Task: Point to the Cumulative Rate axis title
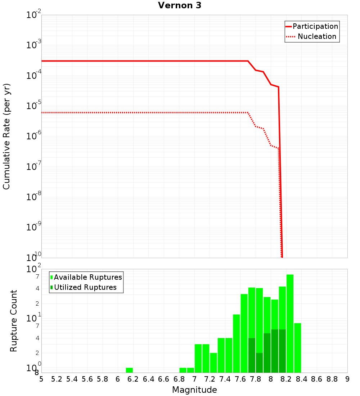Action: click(6, 136)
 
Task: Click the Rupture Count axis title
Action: click(14, 321)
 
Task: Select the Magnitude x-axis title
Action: click(194, 390)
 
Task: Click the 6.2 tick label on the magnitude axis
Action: click(133, 379)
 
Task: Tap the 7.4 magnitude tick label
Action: click(225, 379)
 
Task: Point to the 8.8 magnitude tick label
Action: click(332, 379)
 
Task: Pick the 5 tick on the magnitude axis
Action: click(41, 379)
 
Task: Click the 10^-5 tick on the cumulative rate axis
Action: click(33, 106)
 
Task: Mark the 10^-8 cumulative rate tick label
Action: click(33, 197)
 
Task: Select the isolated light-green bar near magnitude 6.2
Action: click(129, 370)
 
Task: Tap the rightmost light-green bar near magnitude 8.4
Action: click(297, 348)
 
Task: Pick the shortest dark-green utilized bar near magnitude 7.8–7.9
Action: click(259, 363)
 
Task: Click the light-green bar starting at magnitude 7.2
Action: click(213, 363)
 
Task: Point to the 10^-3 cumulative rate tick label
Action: click(33, 45)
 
